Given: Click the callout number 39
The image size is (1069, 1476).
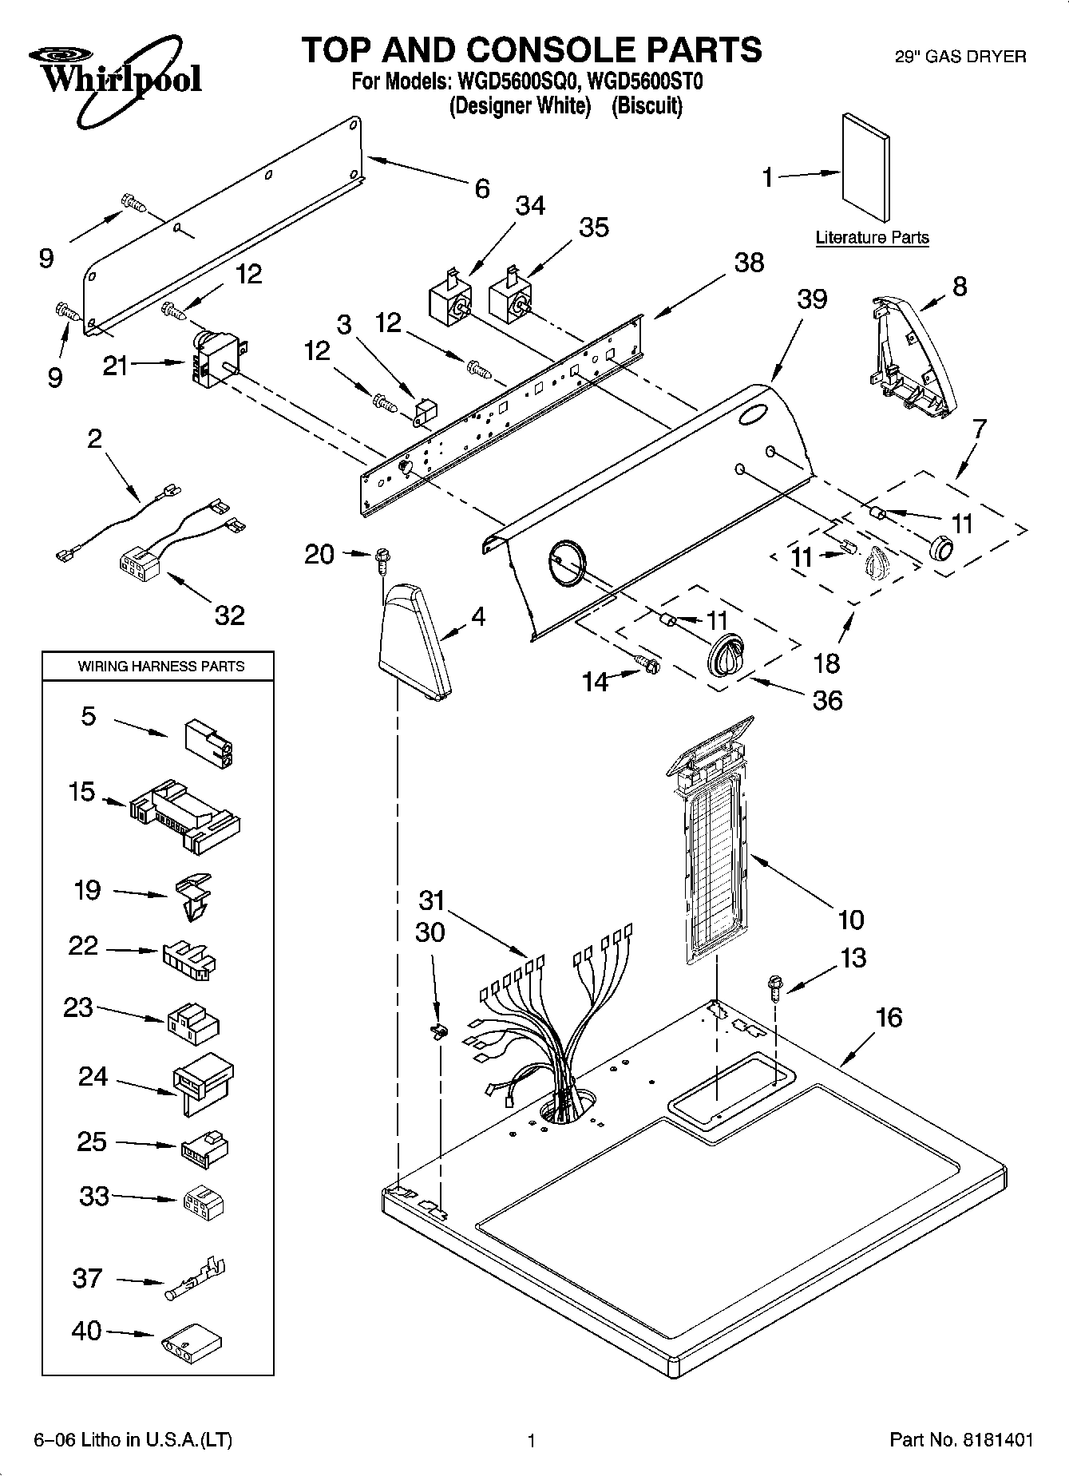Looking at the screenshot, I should pyautogui.click(x=812, y=299).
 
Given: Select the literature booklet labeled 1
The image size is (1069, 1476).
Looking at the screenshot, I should pyautogui.click(x=866, y=167).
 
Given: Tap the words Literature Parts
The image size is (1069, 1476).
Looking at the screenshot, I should pyautogui.click(x=872, y=237).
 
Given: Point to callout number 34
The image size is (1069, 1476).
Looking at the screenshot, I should pyautogui.click(x=530, y=206).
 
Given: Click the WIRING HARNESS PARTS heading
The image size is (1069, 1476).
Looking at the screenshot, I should pyautogui.click(x=160, y=666).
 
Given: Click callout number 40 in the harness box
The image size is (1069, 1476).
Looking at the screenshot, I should pyautogui.click(x=86, y=1331).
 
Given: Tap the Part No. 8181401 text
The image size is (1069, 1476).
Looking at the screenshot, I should pyautogui.click(x=960, y=1440).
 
